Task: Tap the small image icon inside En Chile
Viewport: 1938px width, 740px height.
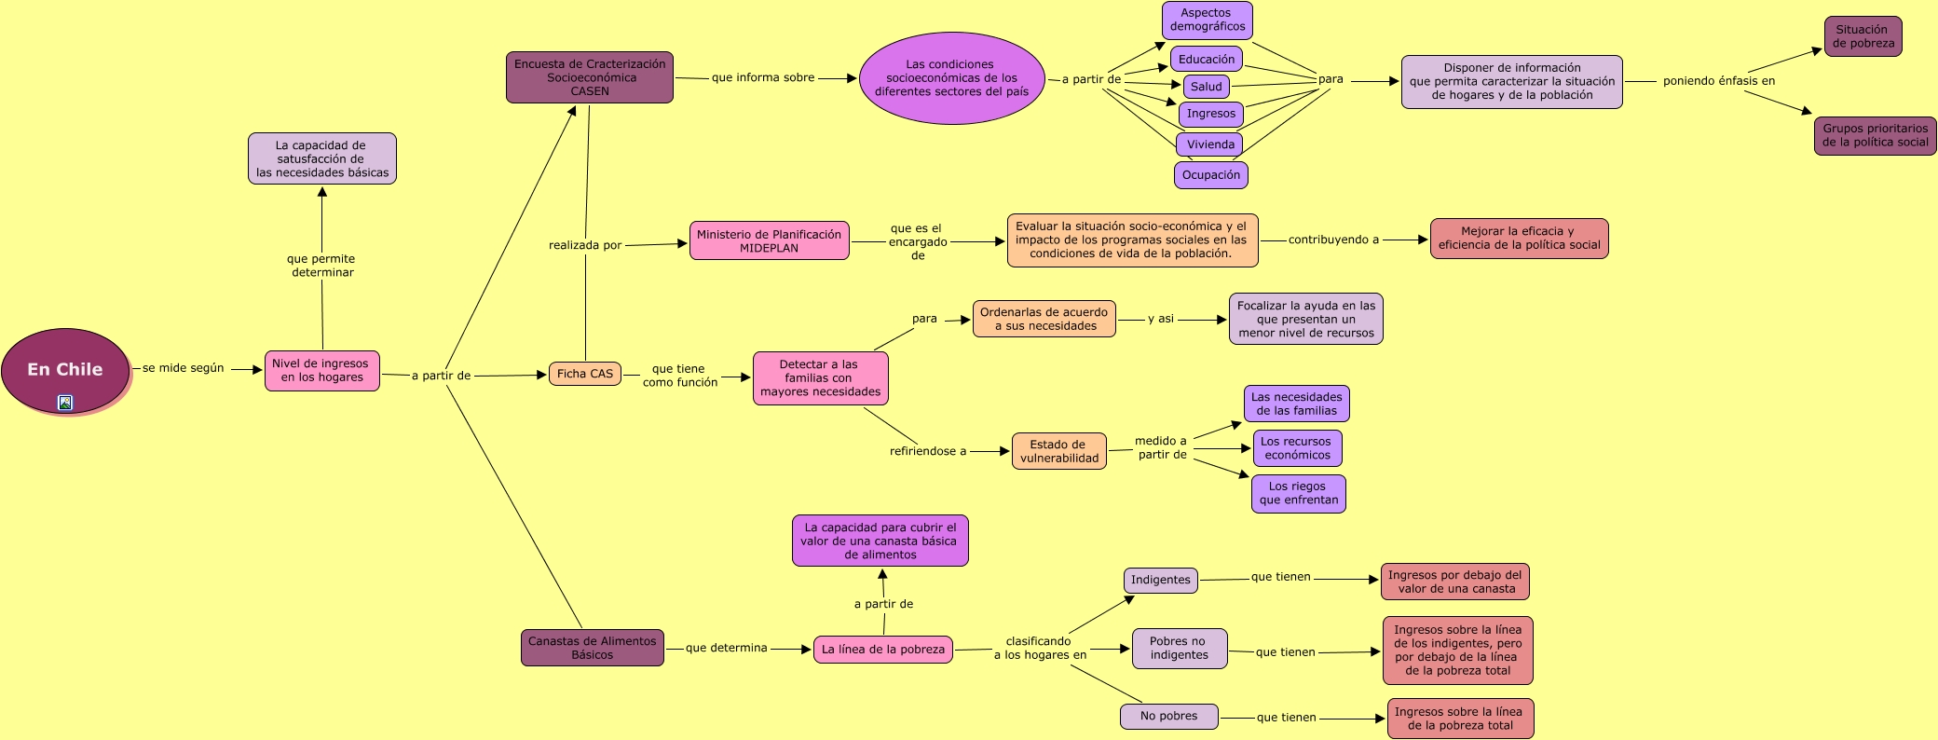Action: pyautogui.click(x=65, y=403)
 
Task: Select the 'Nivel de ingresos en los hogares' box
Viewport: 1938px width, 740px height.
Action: pyautogui.click(x=321, y=371)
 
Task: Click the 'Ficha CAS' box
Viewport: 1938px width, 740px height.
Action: pyautogui.click(x=585, y=374)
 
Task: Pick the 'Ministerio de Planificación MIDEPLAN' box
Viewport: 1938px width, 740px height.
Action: pyautogui.click(x=769, y=240)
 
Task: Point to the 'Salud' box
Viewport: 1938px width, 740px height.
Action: pyautogui.click(x=1207, y=87)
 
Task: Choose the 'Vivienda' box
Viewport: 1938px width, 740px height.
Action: pyautogui.click(x=1209, y=144)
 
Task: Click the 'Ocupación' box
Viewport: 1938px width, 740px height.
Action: pyautogui.click(x=1210, y=175)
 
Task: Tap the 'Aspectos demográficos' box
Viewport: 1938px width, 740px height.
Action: pyautogui.click(x=1207, y=21)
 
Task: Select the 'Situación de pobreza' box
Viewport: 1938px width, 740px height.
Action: pyautogui.click(x=1863, y=36)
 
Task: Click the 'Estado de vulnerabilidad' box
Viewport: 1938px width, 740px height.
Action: pyautogui.click(x=1058, y=451)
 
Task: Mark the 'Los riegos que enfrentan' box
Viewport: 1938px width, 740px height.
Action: pyautogui.click(x=1298, y=493)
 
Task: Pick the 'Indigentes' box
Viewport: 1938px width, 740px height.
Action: pyautogui.click(x=1160, y=580)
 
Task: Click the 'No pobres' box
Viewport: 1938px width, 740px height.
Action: pyautogui.click(x=1168, y=716)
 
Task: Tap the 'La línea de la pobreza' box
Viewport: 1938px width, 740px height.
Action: pyautogui.click(x=882, y=650)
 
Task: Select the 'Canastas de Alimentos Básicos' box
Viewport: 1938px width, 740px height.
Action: pyautogui.click(x=592, y=648)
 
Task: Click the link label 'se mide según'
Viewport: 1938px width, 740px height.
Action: pyautogui.click(x=183, y=368)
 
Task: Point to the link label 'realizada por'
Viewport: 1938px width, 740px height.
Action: pyautogui.click(x=584, y=245)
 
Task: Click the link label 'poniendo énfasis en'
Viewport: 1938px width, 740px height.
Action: pyautogui.click(x=1718, y=81)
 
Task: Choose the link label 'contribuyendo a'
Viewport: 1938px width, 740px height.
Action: pyautogui.click(x=1332, y=240)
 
